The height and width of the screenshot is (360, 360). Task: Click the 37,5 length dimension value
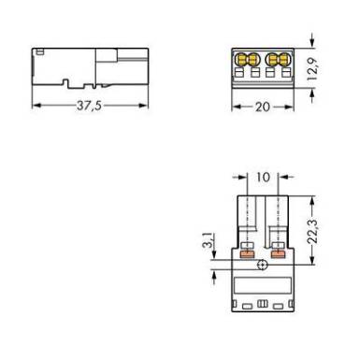pos(89,106)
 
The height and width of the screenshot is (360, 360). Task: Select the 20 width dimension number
pos(263,107)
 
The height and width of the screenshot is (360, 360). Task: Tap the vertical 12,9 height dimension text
pos(312,68)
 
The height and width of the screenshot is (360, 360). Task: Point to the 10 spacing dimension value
pos(263,177)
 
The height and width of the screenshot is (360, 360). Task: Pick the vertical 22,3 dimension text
pos(312,231)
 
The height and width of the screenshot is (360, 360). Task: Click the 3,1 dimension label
pos(208,240)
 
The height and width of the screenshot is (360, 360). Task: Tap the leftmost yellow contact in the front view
pos(242,59)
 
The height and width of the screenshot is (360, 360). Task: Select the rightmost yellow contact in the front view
pos(284,59)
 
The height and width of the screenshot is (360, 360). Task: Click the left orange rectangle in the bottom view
pos(247,254)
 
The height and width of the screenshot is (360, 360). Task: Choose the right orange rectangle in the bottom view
pos(278,254)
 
